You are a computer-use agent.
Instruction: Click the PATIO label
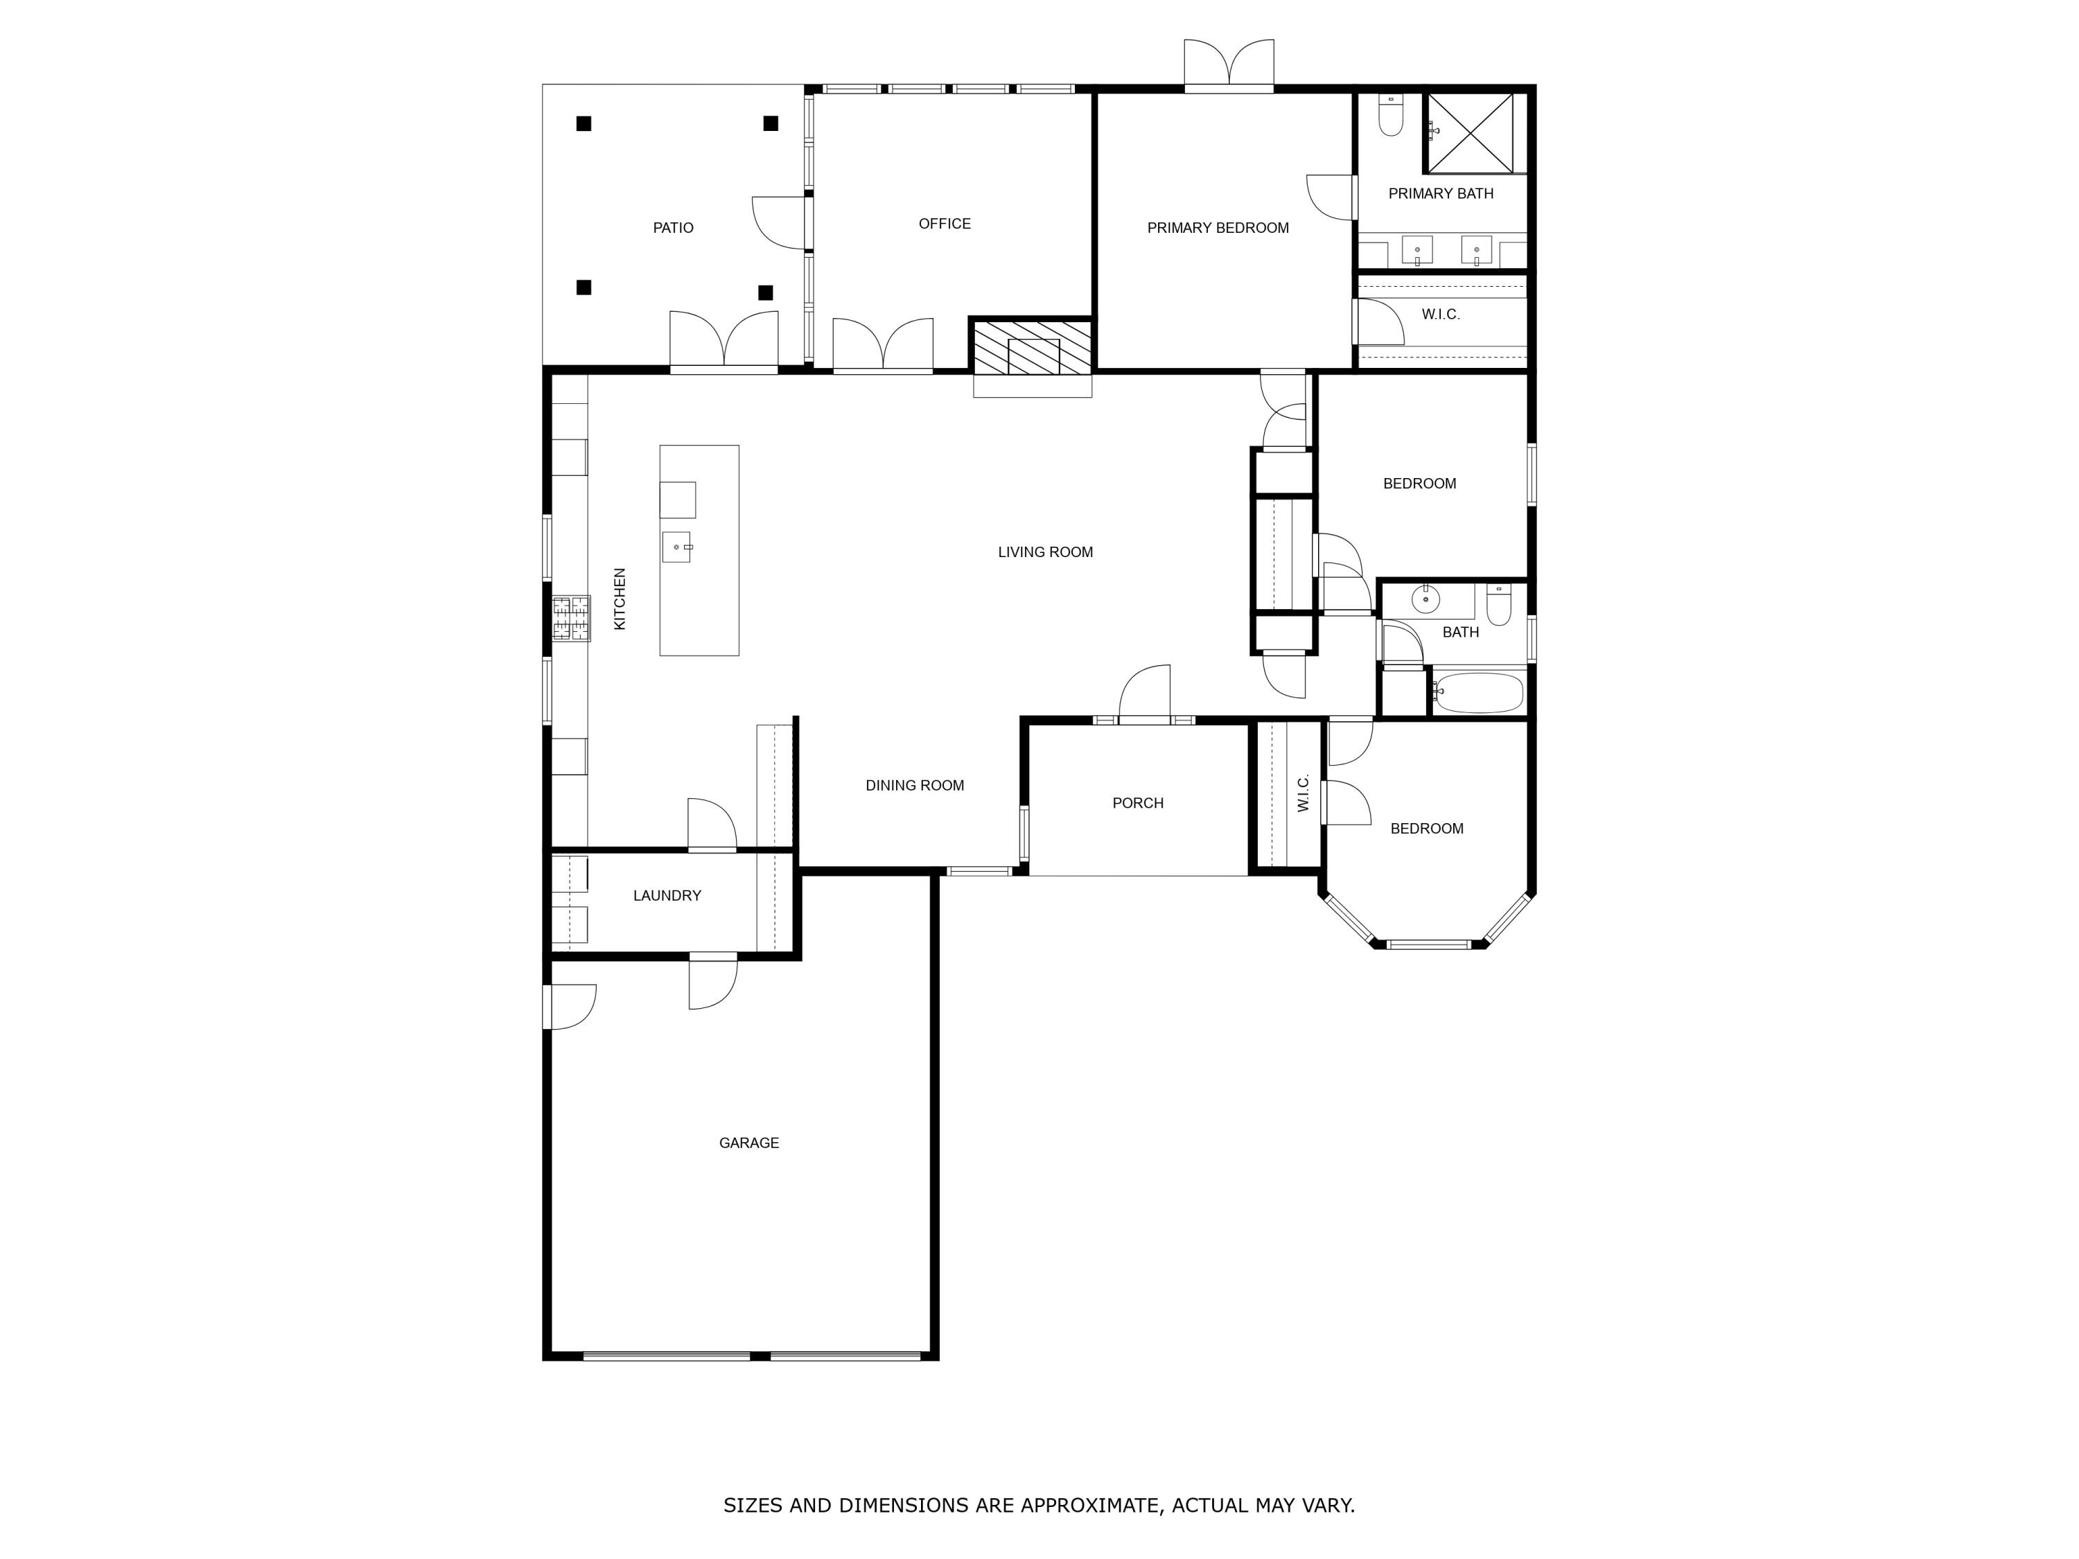click(673, 227)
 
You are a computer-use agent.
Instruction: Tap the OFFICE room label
click(944, 224)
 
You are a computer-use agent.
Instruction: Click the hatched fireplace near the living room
click(1031, 346)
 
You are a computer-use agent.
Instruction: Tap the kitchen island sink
click(676, 547)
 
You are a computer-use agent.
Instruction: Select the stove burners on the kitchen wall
click(570, 618)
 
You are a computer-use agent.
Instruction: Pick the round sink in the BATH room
click(1426, 598)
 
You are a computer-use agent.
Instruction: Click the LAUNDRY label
click(667, 895)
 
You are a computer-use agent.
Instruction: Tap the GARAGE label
click(748, 1143)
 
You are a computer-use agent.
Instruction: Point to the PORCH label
click(1137, 802)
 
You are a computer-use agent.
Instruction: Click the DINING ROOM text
click(915, 786)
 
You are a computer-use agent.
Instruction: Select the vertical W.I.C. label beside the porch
click(1303, 793)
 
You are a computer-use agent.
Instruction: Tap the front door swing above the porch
click(1146, 694)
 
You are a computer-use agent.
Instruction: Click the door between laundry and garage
click(712, 982)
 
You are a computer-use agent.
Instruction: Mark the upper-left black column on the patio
click(584, 123)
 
